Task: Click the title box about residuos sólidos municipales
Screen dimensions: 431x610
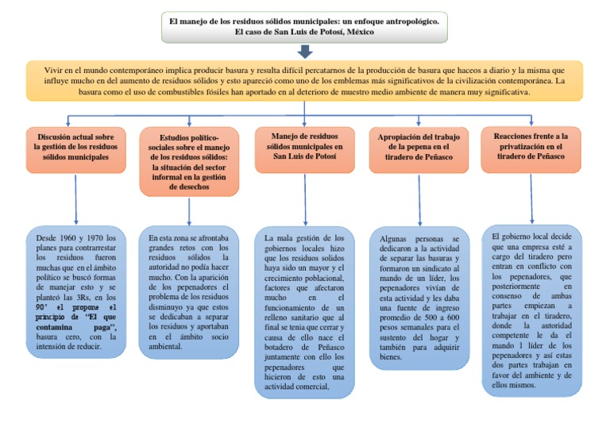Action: tap(305, 26)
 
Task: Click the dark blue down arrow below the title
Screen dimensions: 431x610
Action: tap(306, 52)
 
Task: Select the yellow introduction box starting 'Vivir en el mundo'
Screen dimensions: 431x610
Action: tap(305, 81)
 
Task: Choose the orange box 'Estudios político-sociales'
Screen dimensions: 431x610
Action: tap(189, 161)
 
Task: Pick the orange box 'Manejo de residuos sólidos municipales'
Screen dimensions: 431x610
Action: tap(304, 148)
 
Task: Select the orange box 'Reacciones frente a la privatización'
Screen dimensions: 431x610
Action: tap(531, 148)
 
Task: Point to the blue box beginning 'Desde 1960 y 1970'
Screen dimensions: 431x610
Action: tap(75, 291)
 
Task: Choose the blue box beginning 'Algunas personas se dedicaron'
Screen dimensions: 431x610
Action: tap(419, 298)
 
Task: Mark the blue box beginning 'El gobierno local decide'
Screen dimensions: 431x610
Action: tap(531, 310)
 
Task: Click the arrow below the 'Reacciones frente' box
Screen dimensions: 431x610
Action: tap(531, 198)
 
